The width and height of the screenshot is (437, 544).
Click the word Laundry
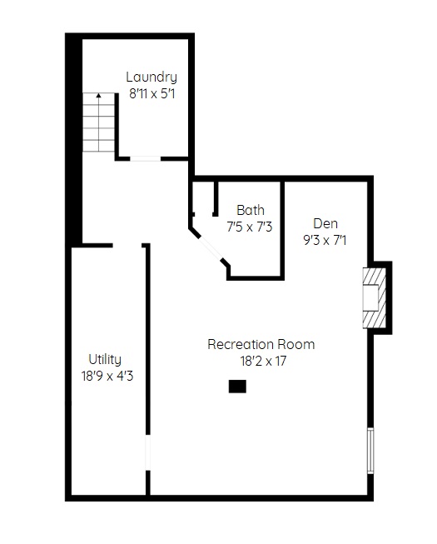(x=151, y=77)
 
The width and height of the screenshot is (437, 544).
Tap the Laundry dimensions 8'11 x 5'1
(x=152, y=93)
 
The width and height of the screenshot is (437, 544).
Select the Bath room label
(x=251, y=210)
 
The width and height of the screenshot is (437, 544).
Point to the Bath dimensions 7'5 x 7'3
(x=250, y=227)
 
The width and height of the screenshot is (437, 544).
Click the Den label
(x=325, y=223)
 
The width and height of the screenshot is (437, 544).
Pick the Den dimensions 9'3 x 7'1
(x=325, y=240)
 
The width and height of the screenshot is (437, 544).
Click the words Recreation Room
(x=261, y=344)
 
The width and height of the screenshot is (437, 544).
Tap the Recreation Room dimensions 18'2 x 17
(x=263, y=361)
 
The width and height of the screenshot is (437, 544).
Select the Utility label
(x=105, y=360)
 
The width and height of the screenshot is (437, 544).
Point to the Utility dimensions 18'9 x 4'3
(x=107, y=376)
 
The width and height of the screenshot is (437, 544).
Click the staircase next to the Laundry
(x=98, y=122)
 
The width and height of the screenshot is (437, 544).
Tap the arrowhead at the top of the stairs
(x=99, y=95)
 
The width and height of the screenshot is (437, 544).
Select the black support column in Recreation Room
(x=237, y=387)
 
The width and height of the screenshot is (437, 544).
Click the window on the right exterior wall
(x=370, y=451)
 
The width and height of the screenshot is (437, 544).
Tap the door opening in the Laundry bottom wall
(x=145, y=159)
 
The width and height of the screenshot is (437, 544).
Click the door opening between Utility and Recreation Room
(x=148, y=452)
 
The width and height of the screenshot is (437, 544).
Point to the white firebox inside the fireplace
(x=370, y=297)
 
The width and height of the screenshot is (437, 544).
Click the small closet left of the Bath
(x=204, y=197)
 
